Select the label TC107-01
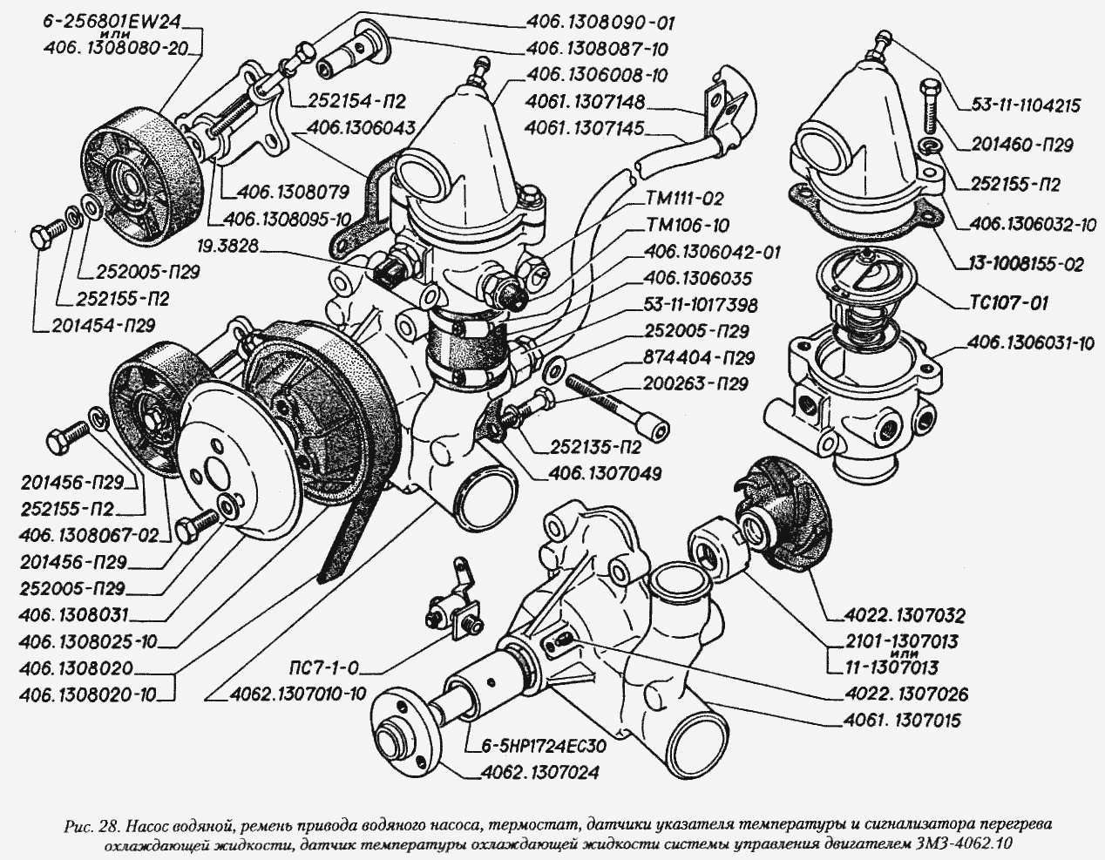[x=1009, y=305]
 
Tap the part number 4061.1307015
[x=906, y=721]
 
